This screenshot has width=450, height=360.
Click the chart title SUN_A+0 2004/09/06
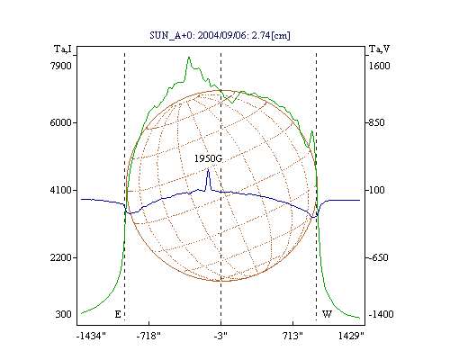(220, 35)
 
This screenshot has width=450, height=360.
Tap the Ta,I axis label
(63, 49)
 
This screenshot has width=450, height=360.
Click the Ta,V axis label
(379, 49)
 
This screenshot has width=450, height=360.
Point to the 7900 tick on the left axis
(61, 66)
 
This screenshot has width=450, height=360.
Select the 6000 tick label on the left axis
(61, 122)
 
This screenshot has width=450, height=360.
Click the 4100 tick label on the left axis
(61, 190)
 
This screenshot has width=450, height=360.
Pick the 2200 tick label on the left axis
(61, 257)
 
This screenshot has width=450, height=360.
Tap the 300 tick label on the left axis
(64, 314)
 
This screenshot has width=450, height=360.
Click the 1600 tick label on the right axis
(380, 66)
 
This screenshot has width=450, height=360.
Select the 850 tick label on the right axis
(376, 122)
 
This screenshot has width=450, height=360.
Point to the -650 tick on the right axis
(378, 257)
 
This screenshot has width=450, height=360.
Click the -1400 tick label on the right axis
(381, 314)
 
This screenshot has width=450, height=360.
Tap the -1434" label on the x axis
(91, 336)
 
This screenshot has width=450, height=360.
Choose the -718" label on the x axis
(148, 336)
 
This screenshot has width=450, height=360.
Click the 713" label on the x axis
(293, 336)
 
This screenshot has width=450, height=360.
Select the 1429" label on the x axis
(351, 336)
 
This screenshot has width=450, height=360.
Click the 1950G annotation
(209, 158)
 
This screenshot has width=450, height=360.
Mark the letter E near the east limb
(118, 314)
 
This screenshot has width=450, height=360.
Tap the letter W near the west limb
(327, 314)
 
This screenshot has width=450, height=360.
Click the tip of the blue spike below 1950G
(208, 170)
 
